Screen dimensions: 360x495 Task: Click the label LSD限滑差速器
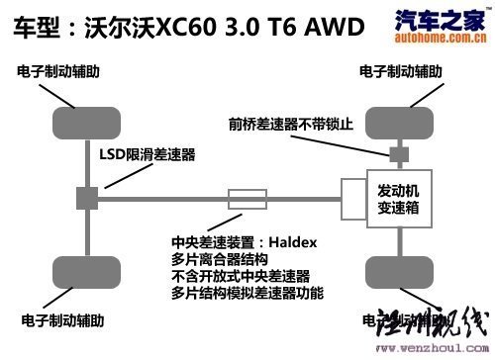coord(147,155)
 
